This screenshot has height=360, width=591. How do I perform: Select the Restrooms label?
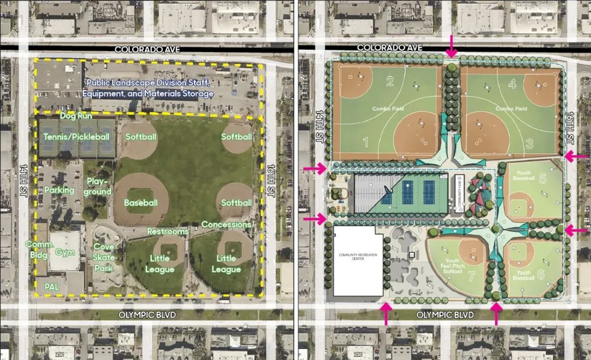coord(167,231)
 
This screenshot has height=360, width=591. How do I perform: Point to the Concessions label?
coord(226,225)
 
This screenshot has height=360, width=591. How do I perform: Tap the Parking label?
coord(59,190)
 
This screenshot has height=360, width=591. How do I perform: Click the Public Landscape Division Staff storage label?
coord(148,88)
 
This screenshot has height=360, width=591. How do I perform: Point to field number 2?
coord(390,81)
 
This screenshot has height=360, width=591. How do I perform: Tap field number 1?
coord(366,143)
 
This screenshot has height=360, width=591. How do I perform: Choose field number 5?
coord(542,179)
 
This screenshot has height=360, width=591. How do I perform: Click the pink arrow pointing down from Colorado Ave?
coord(452,46)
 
